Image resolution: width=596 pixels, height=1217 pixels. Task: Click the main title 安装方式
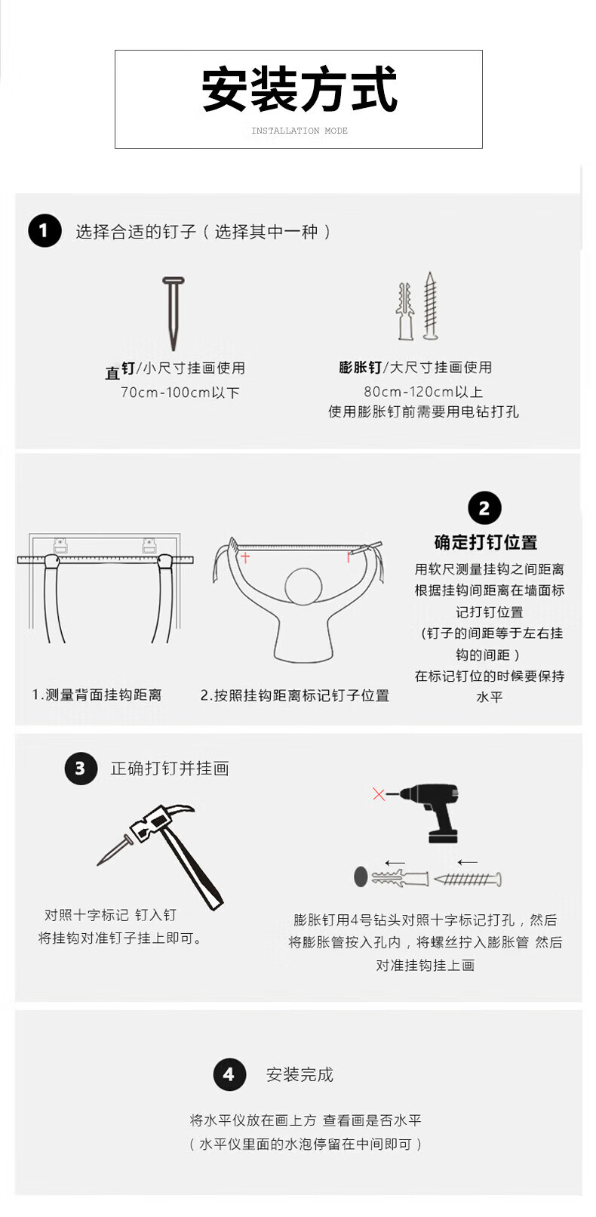coord(299,89)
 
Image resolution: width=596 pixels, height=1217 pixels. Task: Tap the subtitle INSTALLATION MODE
coord(299,131)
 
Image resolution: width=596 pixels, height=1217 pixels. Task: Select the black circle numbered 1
coord(45,231)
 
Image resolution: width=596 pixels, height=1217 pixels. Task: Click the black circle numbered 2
coord(484,509)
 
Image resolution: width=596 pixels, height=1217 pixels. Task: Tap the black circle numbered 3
coord(81,769)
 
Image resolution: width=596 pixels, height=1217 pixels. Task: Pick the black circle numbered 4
coord(229,1074)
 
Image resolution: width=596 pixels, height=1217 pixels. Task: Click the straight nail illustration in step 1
coord(174,313)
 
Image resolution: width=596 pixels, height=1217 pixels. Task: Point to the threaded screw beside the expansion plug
coord(430,307)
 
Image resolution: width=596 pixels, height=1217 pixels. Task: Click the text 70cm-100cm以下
coord(180,393)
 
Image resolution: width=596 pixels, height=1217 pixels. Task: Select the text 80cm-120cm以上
coord(423,391)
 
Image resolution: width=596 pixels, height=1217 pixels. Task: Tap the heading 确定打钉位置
coord(485,542)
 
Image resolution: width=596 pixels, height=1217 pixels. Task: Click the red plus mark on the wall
coord(245,557)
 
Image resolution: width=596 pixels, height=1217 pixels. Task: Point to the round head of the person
coord(303,587)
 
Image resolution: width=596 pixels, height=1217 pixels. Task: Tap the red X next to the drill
coord(378,794)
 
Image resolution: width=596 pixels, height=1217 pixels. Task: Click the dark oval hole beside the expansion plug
coord(361,877)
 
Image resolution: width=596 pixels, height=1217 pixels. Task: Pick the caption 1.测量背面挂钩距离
coord(97,695)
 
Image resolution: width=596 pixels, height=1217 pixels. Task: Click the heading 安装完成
coord(300,1074)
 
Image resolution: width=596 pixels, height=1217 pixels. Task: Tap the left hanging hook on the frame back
coord(61,546)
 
